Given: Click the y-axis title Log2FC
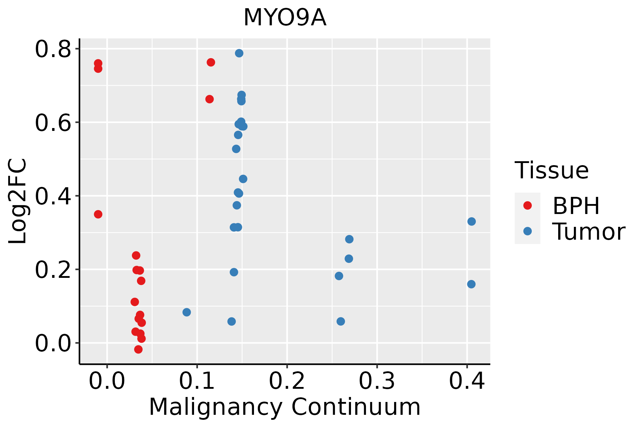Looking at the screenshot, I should coord(18,202).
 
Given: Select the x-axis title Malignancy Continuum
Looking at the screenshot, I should coord(285,407).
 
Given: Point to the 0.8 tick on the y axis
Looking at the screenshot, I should coord(53,49).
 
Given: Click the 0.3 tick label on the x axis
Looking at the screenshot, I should coord(377,381).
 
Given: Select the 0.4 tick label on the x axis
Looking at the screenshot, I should coord(467,381).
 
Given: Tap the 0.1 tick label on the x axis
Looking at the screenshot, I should coord(197,381).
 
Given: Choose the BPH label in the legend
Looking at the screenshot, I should coord(576,206).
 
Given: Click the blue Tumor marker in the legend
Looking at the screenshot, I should coord(527,231).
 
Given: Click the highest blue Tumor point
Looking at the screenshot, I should coord(239,53).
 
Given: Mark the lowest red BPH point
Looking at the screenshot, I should coord(138,349).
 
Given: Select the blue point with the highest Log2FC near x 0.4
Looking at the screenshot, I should coord(472,221).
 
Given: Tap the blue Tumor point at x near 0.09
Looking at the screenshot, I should coord(187,312).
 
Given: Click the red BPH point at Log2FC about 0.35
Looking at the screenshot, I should coord(98,214).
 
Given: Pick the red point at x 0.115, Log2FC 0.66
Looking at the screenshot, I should coord(209,99).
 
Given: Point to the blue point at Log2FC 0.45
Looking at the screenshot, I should coord(243,179).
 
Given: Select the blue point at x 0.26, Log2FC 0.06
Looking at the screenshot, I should coord(341,321).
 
